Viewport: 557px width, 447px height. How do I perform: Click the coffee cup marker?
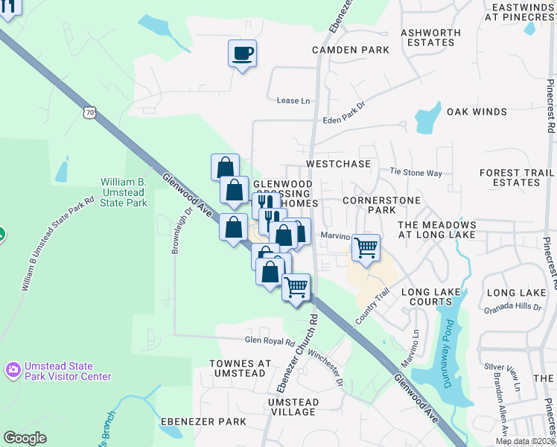click(242, 54)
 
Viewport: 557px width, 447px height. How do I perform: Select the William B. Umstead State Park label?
click(124, 192)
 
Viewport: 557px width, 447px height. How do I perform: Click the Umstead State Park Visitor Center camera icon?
click(13, 370)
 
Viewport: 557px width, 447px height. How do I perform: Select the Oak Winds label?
click(477, 112)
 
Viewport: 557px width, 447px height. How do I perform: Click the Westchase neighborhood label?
click(337, 163)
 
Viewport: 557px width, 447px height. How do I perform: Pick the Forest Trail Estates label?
click(509, 177)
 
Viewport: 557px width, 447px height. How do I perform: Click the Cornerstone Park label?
click(381, 206)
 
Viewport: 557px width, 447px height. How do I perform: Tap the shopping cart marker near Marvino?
click(365, 247)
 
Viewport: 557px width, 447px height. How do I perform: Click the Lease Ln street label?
click(293, 101)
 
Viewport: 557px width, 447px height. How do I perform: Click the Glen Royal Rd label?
click(270, 341)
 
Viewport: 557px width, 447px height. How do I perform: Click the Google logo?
click(25, 437)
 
